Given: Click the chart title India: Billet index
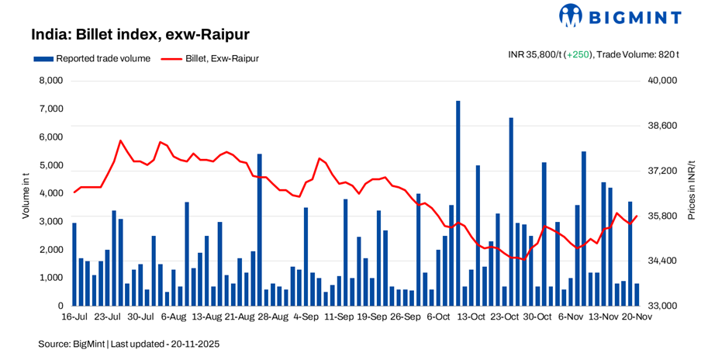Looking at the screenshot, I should (x=140, y=35).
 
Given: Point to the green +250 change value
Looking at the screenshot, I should (x=578, y=54).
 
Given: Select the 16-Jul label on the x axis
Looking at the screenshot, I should (x=75, y=317).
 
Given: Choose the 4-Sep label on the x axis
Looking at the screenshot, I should (x=305, y=317).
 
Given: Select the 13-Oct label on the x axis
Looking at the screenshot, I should (x=471, y=317).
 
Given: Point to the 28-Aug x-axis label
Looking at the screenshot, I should (x=272, y=317).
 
